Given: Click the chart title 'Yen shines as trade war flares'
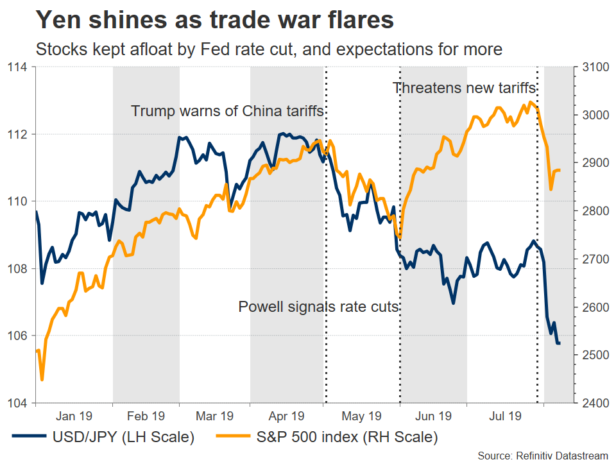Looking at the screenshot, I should pos(214,20).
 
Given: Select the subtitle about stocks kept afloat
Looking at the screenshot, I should pos(269,49).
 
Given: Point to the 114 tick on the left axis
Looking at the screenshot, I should pos(17,67).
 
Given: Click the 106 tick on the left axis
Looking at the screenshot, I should pos(17,336).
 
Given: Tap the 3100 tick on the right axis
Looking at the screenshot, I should pos(594,67).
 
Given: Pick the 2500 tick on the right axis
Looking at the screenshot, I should pos(594,355).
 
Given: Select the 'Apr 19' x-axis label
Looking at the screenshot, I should pos(287,416).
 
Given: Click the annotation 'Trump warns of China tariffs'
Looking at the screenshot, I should pos(227,111).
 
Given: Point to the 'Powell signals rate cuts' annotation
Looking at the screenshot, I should pos(319,307).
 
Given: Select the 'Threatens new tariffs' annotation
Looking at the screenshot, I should pos(464,88).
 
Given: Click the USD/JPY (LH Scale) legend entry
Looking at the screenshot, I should pos(103,438).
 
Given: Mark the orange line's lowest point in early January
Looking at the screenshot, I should pos(42,380).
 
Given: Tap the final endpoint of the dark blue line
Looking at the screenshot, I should pos(560,343).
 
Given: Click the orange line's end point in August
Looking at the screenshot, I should pos(560,170).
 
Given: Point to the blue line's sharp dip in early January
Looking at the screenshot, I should pos(42,283).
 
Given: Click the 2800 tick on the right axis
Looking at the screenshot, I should pos(594,211).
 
